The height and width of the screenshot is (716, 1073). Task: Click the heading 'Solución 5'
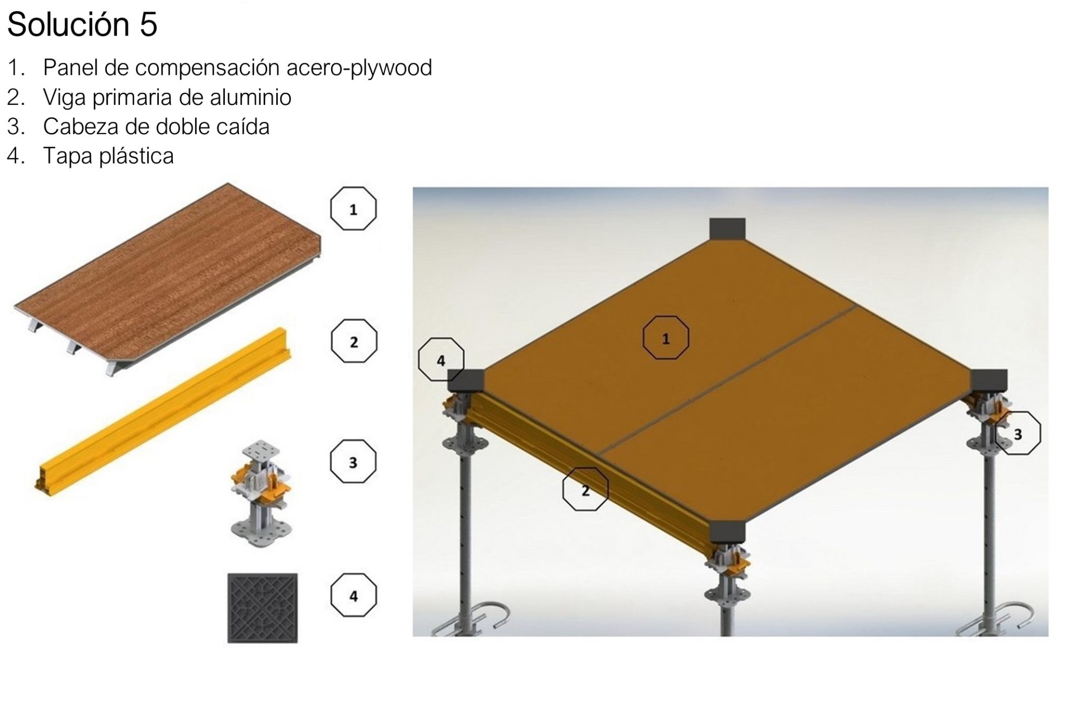coord(82,25)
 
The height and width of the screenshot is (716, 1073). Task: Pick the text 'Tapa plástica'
coord(108,156)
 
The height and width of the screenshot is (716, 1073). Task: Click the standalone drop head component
coord(261,493)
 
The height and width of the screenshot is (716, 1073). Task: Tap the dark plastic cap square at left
coord(262,608)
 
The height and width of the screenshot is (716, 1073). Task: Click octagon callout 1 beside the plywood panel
coord(353,209)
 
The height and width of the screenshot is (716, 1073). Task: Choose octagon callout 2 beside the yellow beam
coord(354,342)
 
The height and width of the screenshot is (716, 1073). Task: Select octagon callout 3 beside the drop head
coord(353,462)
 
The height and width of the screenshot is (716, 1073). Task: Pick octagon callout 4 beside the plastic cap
coord(353,596)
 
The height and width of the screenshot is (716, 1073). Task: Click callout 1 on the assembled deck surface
coord(666,338)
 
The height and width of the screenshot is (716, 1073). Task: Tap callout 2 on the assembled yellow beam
coord(585,490)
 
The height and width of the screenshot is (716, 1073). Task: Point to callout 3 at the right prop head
coord(1017,433)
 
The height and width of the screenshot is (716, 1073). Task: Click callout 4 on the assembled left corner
coord(441,360)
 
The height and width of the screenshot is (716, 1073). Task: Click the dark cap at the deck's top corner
coord(727,229)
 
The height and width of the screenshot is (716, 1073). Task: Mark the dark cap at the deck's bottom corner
coord(727,532)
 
